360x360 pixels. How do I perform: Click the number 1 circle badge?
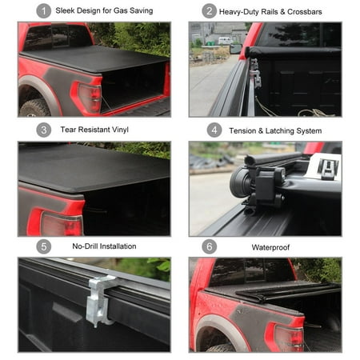tap(43, 11)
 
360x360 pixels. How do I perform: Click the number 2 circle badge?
tap(210, 11)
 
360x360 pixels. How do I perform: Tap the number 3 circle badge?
tap(43, 130)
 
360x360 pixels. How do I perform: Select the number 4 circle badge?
tap(214, 130)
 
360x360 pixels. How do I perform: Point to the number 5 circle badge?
tap(43, 246)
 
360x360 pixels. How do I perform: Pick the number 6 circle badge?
tap(210, 246)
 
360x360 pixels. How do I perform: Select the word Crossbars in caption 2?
tap(306, 11)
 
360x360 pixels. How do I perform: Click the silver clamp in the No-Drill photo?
tap(99, 300)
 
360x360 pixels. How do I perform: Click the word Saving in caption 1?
tap(139, 11)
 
